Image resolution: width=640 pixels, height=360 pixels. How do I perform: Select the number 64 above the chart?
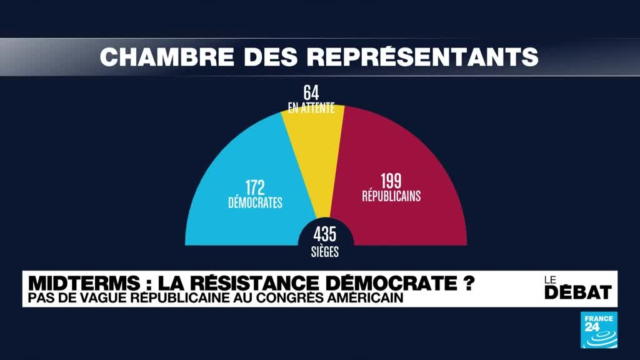(x=311, y=93)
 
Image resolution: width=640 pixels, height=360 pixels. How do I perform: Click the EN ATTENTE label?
(x=311, y=108)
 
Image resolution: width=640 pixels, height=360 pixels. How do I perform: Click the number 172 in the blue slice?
(x=255, y=187)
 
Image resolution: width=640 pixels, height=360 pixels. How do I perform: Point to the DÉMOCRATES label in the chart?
(x=255, y=202)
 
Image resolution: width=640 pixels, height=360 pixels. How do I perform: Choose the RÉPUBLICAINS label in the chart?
(x=391, y=196)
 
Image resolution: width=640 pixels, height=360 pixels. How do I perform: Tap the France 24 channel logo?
(x=599, y=330)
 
